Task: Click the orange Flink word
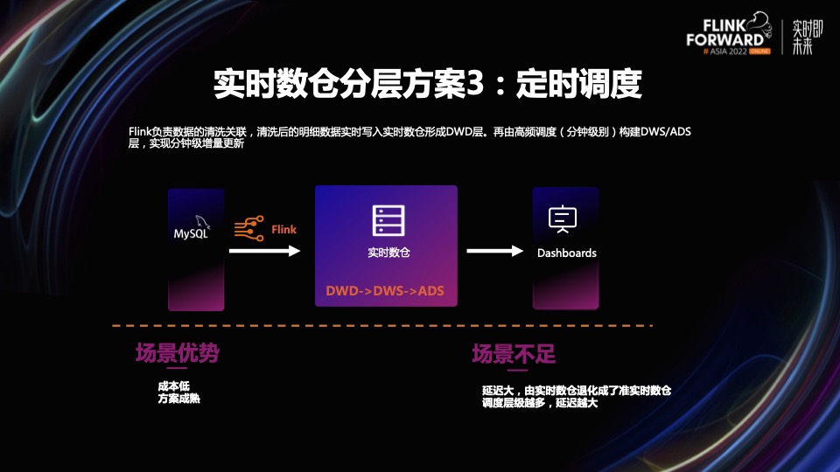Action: click(x=283, y=230)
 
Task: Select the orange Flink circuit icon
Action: click(x=248, y=229)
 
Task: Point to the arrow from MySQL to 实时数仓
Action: click(x=264, y=251)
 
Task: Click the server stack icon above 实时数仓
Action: click(x=386, y=220)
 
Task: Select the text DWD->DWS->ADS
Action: click(x=386, y=290)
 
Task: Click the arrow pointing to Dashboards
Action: click(x=493, y=251)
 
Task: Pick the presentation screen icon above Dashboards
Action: click(x=561, y=219)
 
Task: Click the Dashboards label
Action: click(x=566, y=253)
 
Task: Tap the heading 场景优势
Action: click(x=177, y=353)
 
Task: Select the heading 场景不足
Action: click(x=514, y=354)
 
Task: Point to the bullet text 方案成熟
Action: click(x=179, y=399)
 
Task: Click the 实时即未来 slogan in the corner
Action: click(x=802, y=37)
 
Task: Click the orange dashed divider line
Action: click(x=382, y=326)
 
